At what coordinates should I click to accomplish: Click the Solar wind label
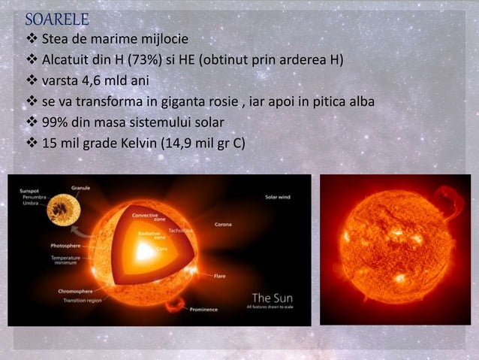click(x=279, y=198)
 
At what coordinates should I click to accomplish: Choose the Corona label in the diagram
click(x=223, y=224)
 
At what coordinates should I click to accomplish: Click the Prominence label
click(x=204, y=309)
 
